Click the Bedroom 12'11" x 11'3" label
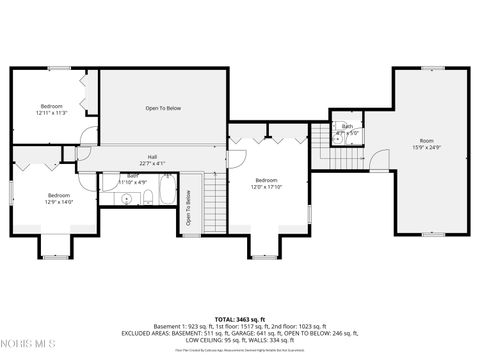point(51,109)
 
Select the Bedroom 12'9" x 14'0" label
point(59,198)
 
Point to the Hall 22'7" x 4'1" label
point(152,160)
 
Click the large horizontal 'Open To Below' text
point(163,107)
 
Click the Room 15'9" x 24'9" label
point(427,143)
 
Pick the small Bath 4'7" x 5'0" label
point(347,129)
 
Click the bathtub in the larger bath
point(166,195)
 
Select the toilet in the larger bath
point(147,198)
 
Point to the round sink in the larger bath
point(126,199)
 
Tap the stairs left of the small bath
point(320,137)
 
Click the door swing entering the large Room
point(380,160)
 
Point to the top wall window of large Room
point(431,68)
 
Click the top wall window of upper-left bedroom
point(59,68)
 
